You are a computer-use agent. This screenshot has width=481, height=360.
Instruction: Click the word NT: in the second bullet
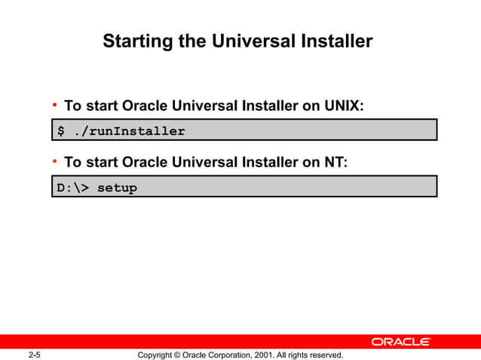coord(335,162)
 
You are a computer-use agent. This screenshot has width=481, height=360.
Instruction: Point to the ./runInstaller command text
coord(129,131)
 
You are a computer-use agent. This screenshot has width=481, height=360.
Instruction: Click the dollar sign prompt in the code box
coord(62,131)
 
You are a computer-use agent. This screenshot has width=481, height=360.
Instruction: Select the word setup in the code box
coord(118,188)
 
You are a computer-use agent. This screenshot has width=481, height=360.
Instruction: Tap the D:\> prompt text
coord(73,188)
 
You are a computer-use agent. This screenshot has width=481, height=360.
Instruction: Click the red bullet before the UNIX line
coord(55,105)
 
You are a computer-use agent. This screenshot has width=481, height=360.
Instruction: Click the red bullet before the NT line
coord(55,161)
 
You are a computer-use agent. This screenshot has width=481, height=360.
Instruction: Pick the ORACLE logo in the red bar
coord(401,342)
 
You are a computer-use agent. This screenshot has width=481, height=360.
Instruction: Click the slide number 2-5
coord(34,355)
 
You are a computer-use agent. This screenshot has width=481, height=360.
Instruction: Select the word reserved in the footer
coord(325,355)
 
